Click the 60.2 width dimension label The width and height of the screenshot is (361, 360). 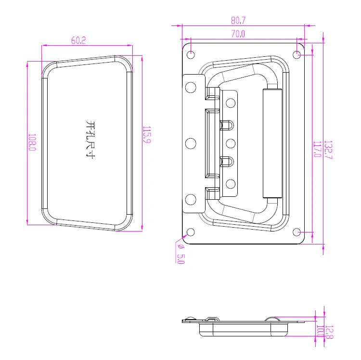tap(78, 41)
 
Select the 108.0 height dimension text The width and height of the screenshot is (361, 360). tap(32, 142)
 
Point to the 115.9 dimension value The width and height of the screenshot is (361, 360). tap(146, 137)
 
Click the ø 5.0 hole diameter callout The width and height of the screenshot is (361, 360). tap(180, 253)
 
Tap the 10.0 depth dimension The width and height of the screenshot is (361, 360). tap(320, 332)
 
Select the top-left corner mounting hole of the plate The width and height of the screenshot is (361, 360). tap(191, 54)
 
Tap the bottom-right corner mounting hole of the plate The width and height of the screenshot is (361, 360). tap(297, 232)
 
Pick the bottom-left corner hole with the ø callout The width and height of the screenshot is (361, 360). tap(191, 232)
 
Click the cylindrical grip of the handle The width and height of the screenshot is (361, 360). tap(272, 143)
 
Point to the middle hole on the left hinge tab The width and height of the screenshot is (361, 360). tap(191, 143)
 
